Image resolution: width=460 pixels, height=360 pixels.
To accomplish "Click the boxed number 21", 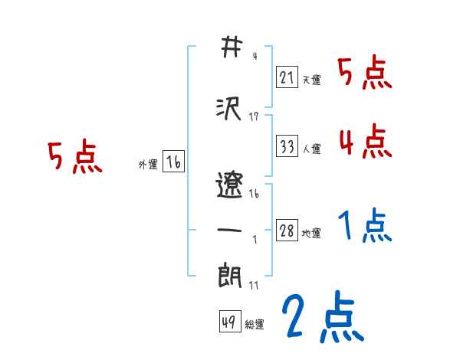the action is click(x=287, y=77).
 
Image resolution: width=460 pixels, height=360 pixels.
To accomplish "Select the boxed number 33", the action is click(x=287, y=146).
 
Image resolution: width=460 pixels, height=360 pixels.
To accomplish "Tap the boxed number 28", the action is click(x=287, y=231).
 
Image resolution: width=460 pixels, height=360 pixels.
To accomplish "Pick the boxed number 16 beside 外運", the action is click(x=173, y=162).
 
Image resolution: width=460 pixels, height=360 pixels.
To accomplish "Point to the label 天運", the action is click(x=311, y=80).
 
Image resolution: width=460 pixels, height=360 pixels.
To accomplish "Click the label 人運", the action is click(x=311, y=149).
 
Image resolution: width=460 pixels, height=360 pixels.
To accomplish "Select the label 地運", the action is click(x=311, y=234).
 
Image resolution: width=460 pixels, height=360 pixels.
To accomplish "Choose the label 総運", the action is click(x=255, y=325).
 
